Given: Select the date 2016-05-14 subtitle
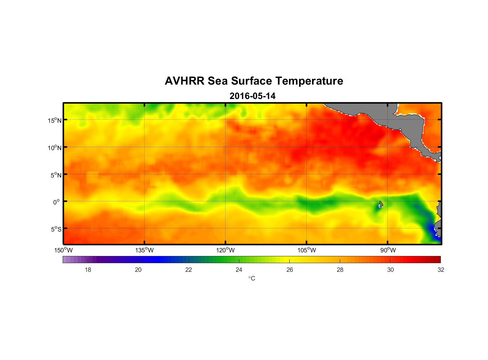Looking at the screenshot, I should (252, 96).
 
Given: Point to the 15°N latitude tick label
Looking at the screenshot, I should (54, 120).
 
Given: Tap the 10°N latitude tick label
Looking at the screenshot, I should (54, 148).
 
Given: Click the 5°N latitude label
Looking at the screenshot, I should (55, 175).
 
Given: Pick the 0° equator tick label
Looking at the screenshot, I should (57, 202).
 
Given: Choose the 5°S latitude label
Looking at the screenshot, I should (55, 229).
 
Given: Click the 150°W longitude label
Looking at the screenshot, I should (63, 250).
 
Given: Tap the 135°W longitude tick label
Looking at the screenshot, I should (144, 250).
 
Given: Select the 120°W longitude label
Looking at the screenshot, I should (225, 250).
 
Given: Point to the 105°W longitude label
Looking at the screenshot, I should (307, 250).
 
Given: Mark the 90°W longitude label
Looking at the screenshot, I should (388, 250).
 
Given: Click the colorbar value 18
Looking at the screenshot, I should (88, 270).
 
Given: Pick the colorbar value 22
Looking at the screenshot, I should (189, 270).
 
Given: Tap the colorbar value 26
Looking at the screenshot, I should (290, 270).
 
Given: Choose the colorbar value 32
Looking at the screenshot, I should (441, 270).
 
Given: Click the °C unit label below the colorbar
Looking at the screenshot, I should (252, 278).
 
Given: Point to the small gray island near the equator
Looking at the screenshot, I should (381, 204).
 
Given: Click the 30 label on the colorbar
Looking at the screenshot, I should (390, 270).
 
